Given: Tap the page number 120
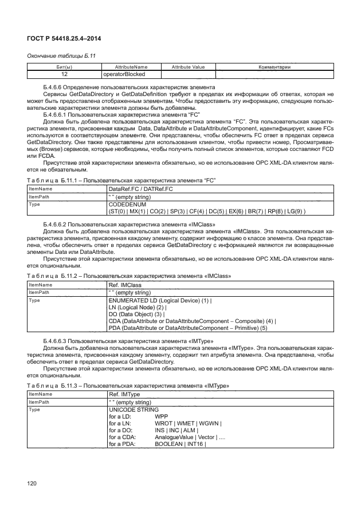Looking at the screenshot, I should pos(32,484).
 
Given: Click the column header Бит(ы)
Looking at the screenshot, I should pos(64,67).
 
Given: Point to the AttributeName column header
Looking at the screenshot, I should pos(131,67).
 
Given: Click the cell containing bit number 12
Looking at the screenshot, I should pos(64,74).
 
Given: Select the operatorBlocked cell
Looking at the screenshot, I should pos(123,74).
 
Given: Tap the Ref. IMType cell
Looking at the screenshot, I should pos(126,395).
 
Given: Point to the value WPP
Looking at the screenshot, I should pos(162,417).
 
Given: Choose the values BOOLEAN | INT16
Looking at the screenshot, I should pos(180,444).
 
